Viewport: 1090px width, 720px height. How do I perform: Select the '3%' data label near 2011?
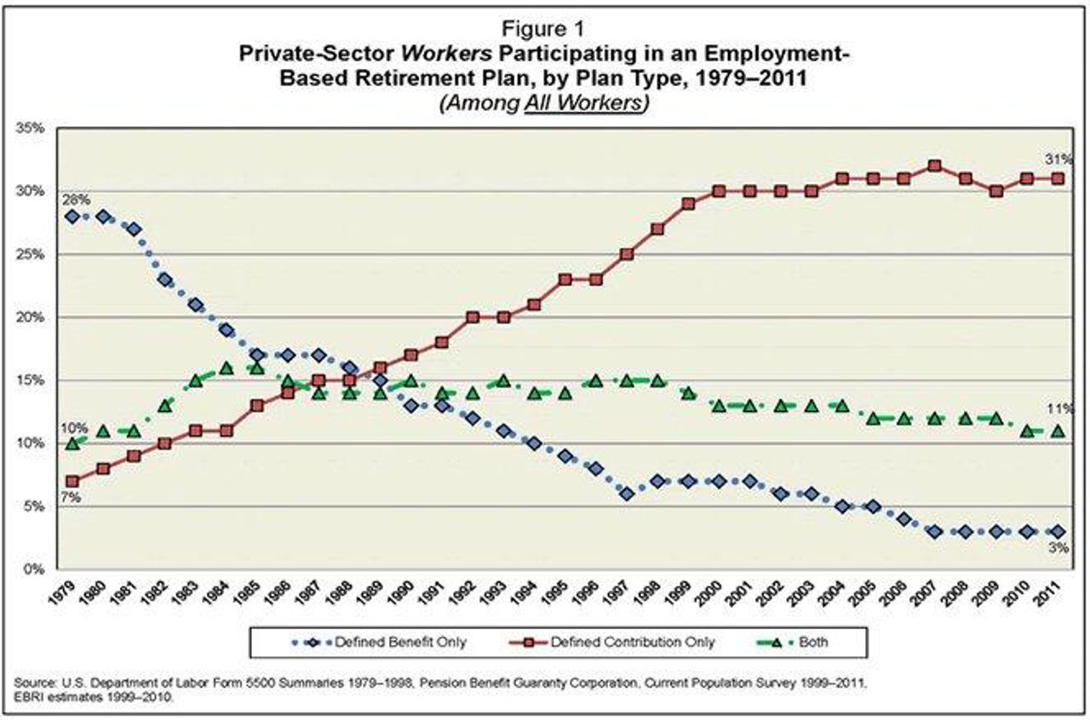(x=1058, y=550)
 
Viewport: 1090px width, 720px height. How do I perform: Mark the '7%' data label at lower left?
(x=71, y=498)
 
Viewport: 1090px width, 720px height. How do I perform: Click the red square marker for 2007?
(x=934, y=166)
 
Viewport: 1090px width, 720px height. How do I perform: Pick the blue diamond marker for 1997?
(x=627, y=494)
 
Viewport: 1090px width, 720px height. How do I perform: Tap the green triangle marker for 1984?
(x=227, y=368)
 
